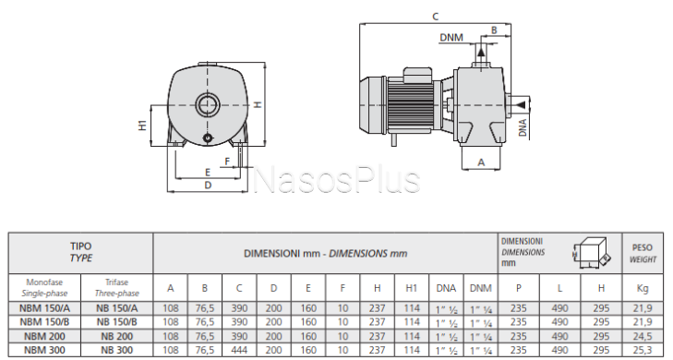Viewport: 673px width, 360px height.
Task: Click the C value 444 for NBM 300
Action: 239,350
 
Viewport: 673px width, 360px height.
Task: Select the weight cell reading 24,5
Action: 643,336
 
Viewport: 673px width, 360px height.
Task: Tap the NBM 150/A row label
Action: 44,308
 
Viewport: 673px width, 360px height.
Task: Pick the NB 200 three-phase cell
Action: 116,336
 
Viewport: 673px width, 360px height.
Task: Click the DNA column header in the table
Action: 446,288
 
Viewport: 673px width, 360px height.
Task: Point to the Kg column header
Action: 643,288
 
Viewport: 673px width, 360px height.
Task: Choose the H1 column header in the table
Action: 411,288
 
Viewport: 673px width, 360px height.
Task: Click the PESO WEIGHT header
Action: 643,253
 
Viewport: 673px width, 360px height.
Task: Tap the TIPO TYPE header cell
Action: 81,252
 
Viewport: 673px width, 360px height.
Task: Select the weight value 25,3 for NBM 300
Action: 643,350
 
